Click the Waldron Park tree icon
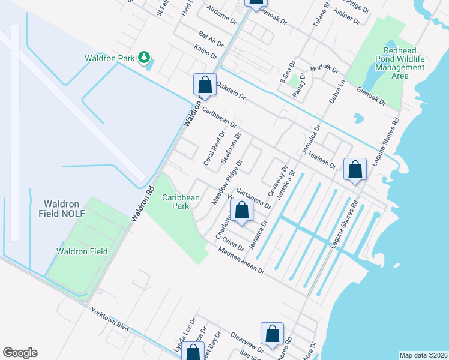[143, 58]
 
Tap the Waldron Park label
[110, 58]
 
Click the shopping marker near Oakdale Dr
[205, 85]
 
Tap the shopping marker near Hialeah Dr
[355, 169]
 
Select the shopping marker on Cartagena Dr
[241, 212]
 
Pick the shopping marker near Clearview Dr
[272, 335]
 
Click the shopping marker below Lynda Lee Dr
[193, 353]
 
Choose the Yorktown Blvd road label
[110, 320]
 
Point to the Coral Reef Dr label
[212, 149]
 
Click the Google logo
[20, 353]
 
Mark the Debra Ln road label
[337, 91]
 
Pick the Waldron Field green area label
[82, 251]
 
